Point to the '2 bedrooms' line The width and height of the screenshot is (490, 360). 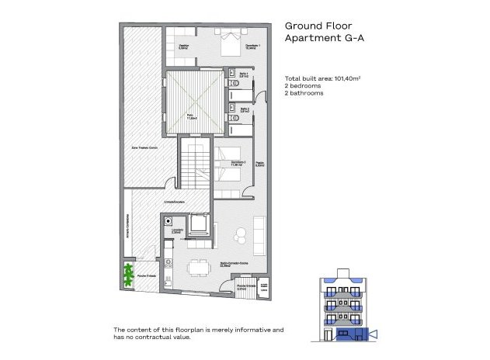click(304, 85)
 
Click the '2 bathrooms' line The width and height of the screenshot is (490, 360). click(305, 92)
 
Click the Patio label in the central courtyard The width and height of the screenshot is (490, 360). click(191, 117)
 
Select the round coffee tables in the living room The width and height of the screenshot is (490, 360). click(242, 232)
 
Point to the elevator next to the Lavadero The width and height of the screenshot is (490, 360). click(197, 226)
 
